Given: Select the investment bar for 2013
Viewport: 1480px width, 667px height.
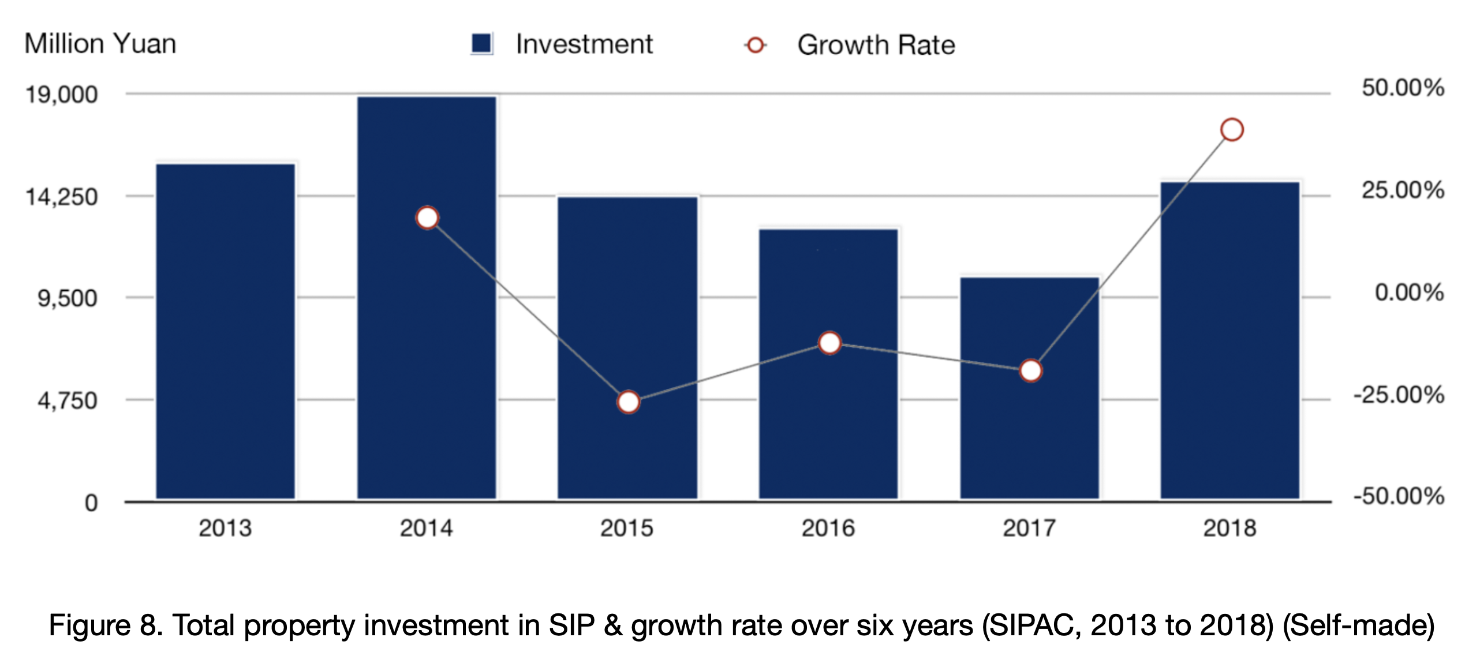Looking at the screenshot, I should click(225, 331).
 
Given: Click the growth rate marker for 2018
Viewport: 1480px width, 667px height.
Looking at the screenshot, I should click(1232, 130).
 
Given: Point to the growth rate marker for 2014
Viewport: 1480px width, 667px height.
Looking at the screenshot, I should click(427, 218).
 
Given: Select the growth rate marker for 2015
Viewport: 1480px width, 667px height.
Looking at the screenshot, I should click(628, 402).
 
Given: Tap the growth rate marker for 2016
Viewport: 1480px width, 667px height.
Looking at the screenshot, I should click(829, 343).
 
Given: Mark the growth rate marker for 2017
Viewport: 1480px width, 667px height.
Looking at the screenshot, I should click(1030, 370).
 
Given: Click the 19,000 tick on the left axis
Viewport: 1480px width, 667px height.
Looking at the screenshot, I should click(62, 95).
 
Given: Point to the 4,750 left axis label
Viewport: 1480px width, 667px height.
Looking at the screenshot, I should click(68, 400).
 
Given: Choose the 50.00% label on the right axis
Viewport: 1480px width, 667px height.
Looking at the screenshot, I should click(1403, 88).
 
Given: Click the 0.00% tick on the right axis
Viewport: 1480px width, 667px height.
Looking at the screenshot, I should click(1409, 293).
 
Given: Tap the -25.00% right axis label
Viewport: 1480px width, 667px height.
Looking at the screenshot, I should click(1399, 395).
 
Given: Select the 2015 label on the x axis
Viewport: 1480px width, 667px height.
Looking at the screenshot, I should click(627, 528).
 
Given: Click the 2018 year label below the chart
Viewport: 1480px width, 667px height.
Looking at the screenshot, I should click(1229, 528).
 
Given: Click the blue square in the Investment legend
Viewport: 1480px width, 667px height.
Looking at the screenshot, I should click(481, 44).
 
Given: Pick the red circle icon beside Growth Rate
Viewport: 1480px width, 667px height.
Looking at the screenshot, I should click(755, 45).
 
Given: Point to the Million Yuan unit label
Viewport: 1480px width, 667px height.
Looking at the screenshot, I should click(100, 44).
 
